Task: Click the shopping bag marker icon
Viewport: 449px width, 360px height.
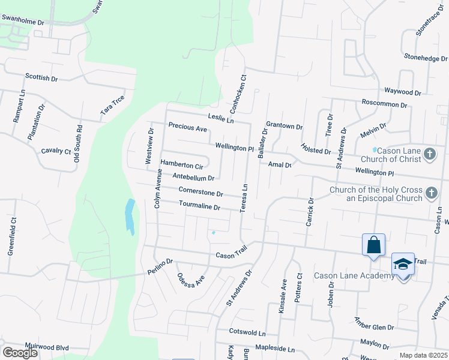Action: tap(373, 245)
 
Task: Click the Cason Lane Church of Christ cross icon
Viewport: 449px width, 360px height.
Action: tap(430, 154)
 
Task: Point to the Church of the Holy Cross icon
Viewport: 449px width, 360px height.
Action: tap(430, 193)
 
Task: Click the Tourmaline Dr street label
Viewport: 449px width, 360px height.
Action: tap(200, 206)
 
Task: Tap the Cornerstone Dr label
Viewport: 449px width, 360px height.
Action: tap(201, 192)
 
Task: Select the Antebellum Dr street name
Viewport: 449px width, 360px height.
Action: tap(193, 177)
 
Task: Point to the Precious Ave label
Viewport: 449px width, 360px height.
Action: tap(187, 127)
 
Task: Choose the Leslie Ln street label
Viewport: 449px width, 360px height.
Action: tap(220, 118)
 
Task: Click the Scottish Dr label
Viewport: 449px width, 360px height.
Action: tap(41, 77)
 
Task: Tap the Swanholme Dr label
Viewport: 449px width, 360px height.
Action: tap(23, 20)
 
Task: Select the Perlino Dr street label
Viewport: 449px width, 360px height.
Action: tap(160, 266)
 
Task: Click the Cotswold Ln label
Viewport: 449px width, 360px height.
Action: tap(247, 332)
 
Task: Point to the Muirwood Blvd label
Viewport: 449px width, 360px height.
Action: tap(47, 347)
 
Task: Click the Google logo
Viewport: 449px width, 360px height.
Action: tap(20, 353)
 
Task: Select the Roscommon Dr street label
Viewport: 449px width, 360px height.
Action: tap(384, 104)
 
